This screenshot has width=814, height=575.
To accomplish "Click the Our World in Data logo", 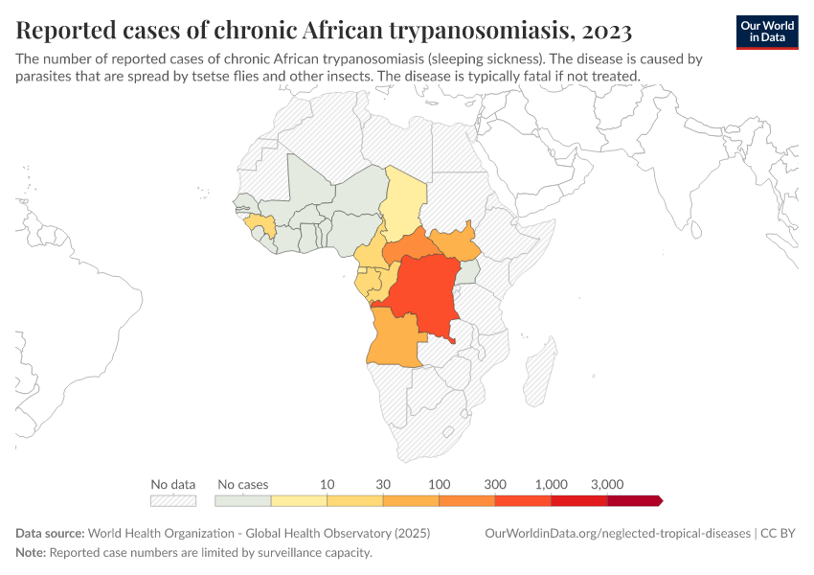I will pyautogui.click(x=767, y=31).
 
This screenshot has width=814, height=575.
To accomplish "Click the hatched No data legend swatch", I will pyautogui.click(x=173, y=500).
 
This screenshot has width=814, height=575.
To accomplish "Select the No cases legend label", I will pyautogui.click(x=243, y=484).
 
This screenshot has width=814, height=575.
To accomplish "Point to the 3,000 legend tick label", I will pyautogui.click(x=607, y=484).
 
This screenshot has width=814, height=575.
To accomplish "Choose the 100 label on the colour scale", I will pyautogui.click(x=440, y=484).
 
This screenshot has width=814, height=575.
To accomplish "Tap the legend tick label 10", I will pyautogui.click(x=328, y=484).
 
